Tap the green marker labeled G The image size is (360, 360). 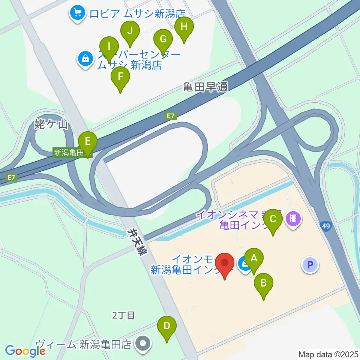[x=163, y=39]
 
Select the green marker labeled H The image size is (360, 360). [x=184, y=27]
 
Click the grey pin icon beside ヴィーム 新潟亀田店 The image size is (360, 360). [x=142, y=343]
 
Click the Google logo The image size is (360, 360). [x=25, y=351]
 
